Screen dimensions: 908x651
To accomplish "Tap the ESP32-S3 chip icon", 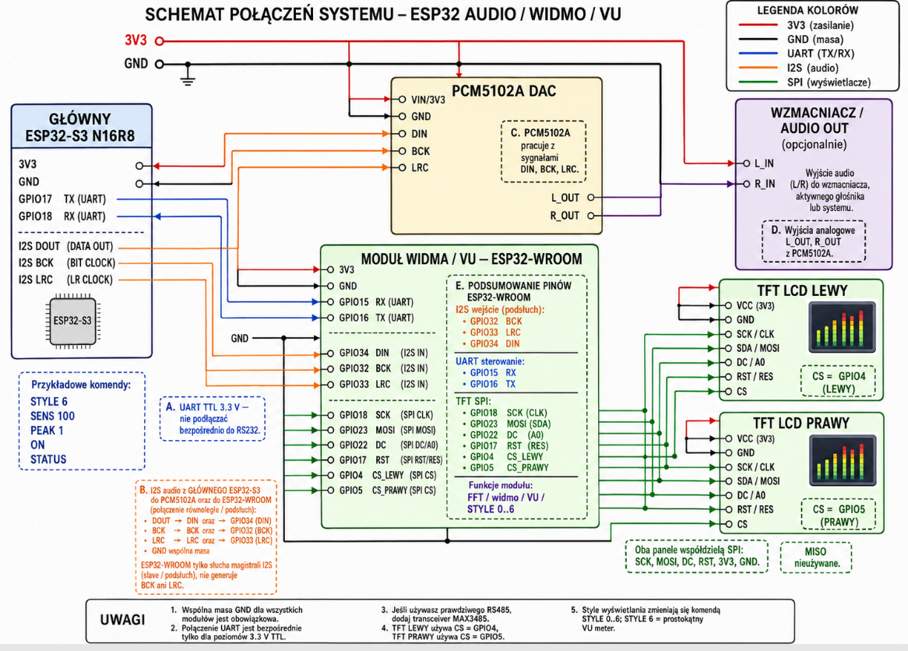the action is click(72, 321).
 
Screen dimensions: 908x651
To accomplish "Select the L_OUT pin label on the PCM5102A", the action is click(565, 198).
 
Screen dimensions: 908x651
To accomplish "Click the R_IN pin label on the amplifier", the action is click(765, 185).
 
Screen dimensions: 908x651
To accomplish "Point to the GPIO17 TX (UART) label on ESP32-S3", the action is click(62, 199).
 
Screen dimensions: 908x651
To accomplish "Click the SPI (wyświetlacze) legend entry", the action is click(829, 83).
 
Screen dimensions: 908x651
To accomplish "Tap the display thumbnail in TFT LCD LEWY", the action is click(843, 328).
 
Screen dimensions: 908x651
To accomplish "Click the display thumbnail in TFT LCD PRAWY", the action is click(843, 460).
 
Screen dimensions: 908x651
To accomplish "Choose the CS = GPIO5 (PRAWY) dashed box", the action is click(839, 515).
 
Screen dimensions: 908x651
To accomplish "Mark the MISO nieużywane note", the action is click(816, 558).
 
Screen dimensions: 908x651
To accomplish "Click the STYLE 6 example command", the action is click(48, 401).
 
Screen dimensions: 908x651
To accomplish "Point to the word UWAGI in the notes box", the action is click(122, 620).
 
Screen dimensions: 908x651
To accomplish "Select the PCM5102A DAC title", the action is click(504, 91).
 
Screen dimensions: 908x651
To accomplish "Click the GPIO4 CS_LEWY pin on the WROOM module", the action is click(371, 475).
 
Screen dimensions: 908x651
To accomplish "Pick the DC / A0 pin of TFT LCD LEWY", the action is click(751, 363).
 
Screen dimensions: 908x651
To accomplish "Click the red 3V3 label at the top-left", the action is click(135, 40).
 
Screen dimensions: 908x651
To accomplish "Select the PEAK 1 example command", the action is click(46, 431).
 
